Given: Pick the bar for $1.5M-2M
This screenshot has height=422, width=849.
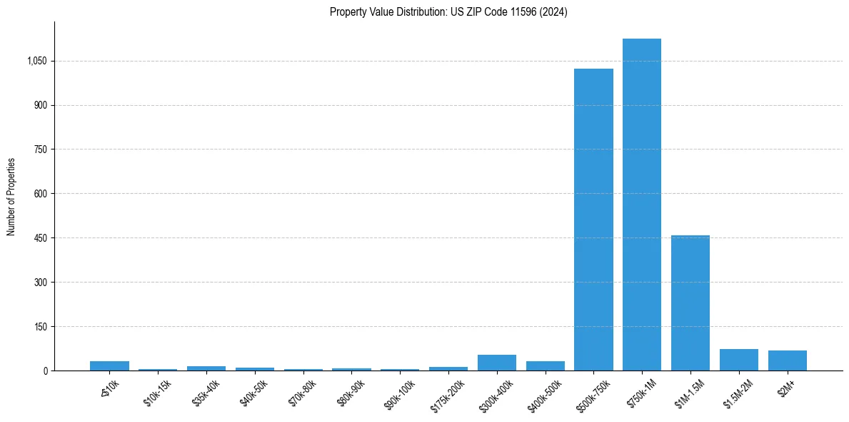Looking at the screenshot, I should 738,360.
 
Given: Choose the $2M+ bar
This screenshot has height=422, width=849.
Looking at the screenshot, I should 787,360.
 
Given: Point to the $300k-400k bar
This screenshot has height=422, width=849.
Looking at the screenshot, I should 496,363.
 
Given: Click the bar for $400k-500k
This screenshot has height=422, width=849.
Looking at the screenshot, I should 545,365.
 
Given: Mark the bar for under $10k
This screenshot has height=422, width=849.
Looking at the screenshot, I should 109,365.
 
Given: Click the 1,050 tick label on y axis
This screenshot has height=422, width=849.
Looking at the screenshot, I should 36,62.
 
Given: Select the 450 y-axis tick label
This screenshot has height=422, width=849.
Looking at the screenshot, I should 41,238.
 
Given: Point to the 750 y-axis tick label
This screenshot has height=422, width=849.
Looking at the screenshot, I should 41,149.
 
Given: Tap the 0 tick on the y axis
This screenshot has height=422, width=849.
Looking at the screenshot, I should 45,371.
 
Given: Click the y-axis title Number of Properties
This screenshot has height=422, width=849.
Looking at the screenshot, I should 11,197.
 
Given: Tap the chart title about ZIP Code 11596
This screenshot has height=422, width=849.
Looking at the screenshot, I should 448,12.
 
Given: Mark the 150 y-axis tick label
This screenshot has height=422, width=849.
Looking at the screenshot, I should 41,327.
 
